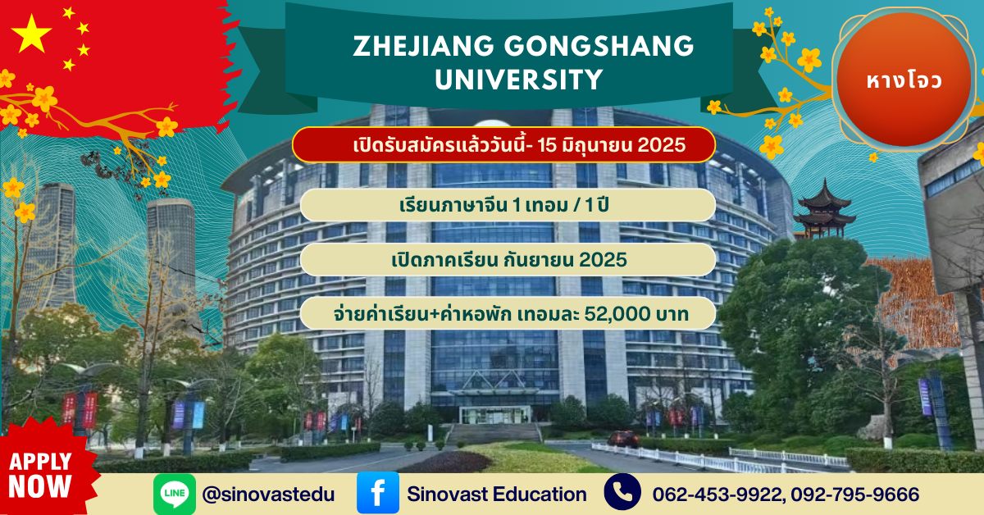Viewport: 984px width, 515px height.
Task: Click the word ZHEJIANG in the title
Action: pyautogui.click(x=423, y=46)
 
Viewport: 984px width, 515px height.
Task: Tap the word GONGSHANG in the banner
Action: pyautogui.click(x=599, y=46)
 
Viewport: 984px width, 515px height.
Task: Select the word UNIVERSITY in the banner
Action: pyautogui.click(x=519, y=80)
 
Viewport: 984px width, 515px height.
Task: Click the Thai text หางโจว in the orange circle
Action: pyautogui.click(x=904, y=81)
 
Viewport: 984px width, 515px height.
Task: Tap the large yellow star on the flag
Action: pyautogui.click(x=31, y=34)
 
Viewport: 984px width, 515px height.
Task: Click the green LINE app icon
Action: pyautogui.click(x=175, y=494)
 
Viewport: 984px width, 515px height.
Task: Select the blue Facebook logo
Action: pyautogui.click(x=378, y=493)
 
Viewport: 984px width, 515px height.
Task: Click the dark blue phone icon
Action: pyautogui.click(x=622, y=492)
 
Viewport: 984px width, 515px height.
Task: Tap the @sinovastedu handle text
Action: pyautogui.click(x=268, y=494)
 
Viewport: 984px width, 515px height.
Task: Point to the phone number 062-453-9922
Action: pyautogui.click(x=718, y=494)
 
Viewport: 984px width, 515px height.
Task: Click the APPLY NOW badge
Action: pyautogui.click(x=41, y=475)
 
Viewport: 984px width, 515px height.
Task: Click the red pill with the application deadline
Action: pyautogui.click(x=503, y=144)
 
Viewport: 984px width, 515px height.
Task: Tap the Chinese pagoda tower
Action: pyautogui.click(x=824, y=210)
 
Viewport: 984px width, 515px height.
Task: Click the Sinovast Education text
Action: pyautogui.click(x=497, y=494)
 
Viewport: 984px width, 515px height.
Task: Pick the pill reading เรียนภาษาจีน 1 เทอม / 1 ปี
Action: pyautogui.click(x=508, y=205)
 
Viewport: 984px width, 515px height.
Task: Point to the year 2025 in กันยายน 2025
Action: pyautogui.click(x=603, y=260)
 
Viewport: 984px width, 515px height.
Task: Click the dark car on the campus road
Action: pyautogui.click(x=623, y=438)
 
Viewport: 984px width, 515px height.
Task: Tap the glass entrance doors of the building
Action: pyautogui.click(x=494, y=415)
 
